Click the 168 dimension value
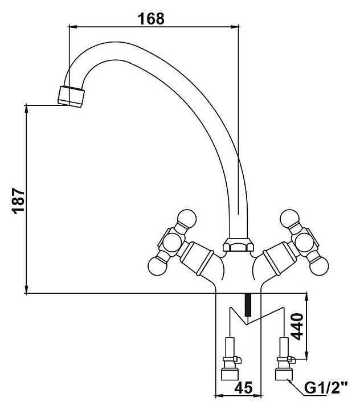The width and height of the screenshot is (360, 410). (152, 19)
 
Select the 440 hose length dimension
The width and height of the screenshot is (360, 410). (297, 327)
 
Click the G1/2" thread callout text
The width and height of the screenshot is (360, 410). (325, 389)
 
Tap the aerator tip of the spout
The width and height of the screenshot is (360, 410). (72, 95)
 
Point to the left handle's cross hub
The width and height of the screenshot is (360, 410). (171, 241)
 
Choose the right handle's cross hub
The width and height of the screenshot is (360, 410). (302, 241)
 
